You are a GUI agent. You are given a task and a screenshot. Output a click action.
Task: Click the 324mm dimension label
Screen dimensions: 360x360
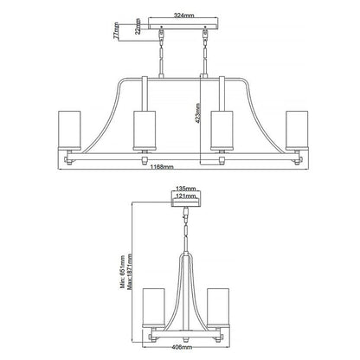coord(183,16)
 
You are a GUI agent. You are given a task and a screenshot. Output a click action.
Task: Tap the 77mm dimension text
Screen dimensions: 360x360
coord(116,30)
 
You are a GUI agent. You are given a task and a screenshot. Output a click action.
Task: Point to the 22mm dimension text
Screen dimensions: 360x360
coord(138,26)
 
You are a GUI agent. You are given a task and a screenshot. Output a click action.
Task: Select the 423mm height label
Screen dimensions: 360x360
coord(197,113)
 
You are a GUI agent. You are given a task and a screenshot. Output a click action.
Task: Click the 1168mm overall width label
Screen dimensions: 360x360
coord(162,167)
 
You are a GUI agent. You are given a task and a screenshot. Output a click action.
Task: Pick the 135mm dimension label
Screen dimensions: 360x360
coord(186,189)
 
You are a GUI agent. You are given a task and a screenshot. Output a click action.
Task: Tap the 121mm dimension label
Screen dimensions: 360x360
coord(186,196)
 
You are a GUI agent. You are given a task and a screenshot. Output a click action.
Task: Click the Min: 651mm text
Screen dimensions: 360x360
coord(123,272)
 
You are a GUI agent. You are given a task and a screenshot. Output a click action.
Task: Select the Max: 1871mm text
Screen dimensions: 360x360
coord(130,271)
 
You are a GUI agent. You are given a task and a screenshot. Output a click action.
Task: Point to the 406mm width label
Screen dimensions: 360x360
coord(183,347)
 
